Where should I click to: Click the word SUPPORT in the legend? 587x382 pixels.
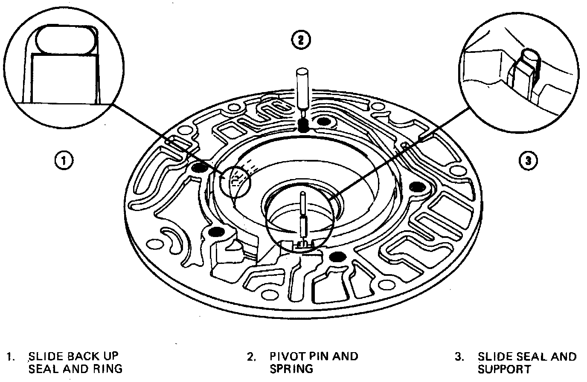point(504,368)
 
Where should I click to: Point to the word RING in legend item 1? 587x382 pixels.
point(108,368)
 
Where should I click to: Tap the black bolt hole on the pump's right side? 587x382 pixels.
point(416,186)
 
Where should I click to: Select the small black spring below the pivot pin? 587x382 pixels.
point(303,125)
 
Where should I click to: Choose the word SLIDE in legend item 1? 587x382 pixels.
point(44,356)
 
